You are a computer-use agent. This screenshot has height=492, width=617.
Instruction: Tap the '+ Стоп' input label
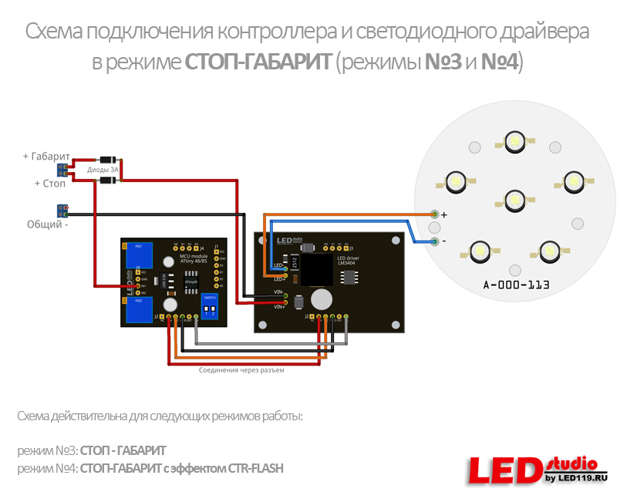(x=50, y=184)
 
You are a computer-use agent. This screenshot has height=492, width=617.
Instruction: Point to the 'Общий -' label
(x=47, y=225)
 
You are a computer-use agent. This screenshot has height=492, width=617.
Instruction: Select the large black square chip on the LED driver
(x=316, y=271)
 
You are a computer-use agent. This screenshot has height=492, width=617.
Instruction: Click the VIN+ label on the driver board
(x=279, y=306)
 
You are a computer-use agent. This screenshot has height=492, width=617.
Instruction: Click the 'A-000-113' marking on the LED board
(x=516, y=285)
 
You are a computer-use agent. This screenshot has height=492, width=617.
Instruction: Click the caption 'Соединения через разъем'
(x=241, y=371)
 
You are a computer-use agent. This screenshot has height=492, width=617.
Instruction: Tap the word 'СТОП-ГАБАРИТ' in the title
(x=258, y=62)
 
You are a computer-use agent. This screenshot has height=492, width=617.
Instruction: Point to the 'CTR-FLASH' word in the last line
(x=257, y=468)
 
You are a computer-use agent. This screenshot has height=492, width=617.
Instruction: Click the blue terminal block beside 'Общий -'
(x=62, y=210)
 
